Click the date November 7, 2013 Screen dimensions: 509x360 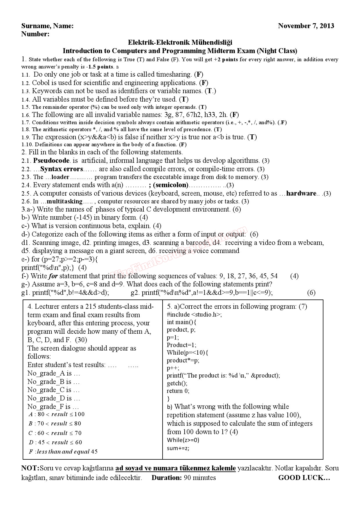point(306,26)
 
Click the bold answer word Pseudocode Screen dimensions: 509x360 point(51,160)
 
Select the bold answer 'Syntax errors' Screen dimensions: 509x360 point(62,169)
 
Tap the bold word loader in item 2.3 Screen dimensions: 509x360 point(60,177)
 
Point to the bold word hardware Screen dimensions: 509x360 point(301,193)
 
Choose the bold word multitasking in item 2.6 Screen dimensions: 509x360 point(64,201)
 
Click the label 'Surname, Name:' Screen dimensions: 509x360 point(47,26)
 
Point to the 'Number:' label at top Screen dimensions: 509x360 point(35,34)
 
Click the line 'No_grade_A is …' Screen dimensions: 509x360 point(54,373)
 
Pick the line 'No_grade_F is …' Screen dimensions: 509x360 point(53,407)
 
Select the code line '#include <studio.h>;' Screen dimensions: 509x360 point(194,314)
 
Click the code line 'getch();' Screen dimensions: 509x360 point(177,383)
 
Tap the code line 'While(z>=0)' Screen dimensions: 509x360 point(183,440)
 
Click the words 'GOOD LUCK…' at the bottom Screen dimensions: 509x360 point(304,478)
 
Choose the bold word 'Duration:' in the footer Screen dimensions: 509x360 point(167,478)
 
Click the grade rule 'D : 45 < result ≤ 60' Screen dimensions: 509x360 point(55,442)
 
